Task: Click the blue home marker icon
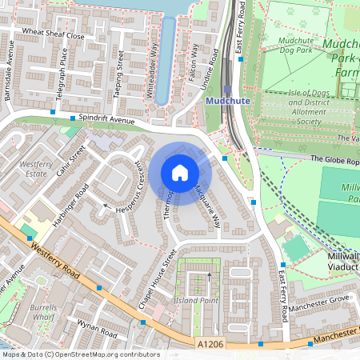pyautogui.click(x=180, y=172)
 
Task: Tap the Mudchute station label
pyautogui.click(x=228, y=102)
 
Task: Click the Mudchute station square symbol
pyautogui.click(x=228, y=89)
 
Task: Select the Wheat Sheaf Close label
pyautogui.click(x=53, y=35)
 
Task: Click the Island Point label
pyautogui.click(x=197, y=300)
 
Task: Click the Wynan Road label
pyautogui.click(x=97, y=329)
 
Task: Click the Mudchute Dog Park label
pyautogui.click(x=295, y=44)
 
